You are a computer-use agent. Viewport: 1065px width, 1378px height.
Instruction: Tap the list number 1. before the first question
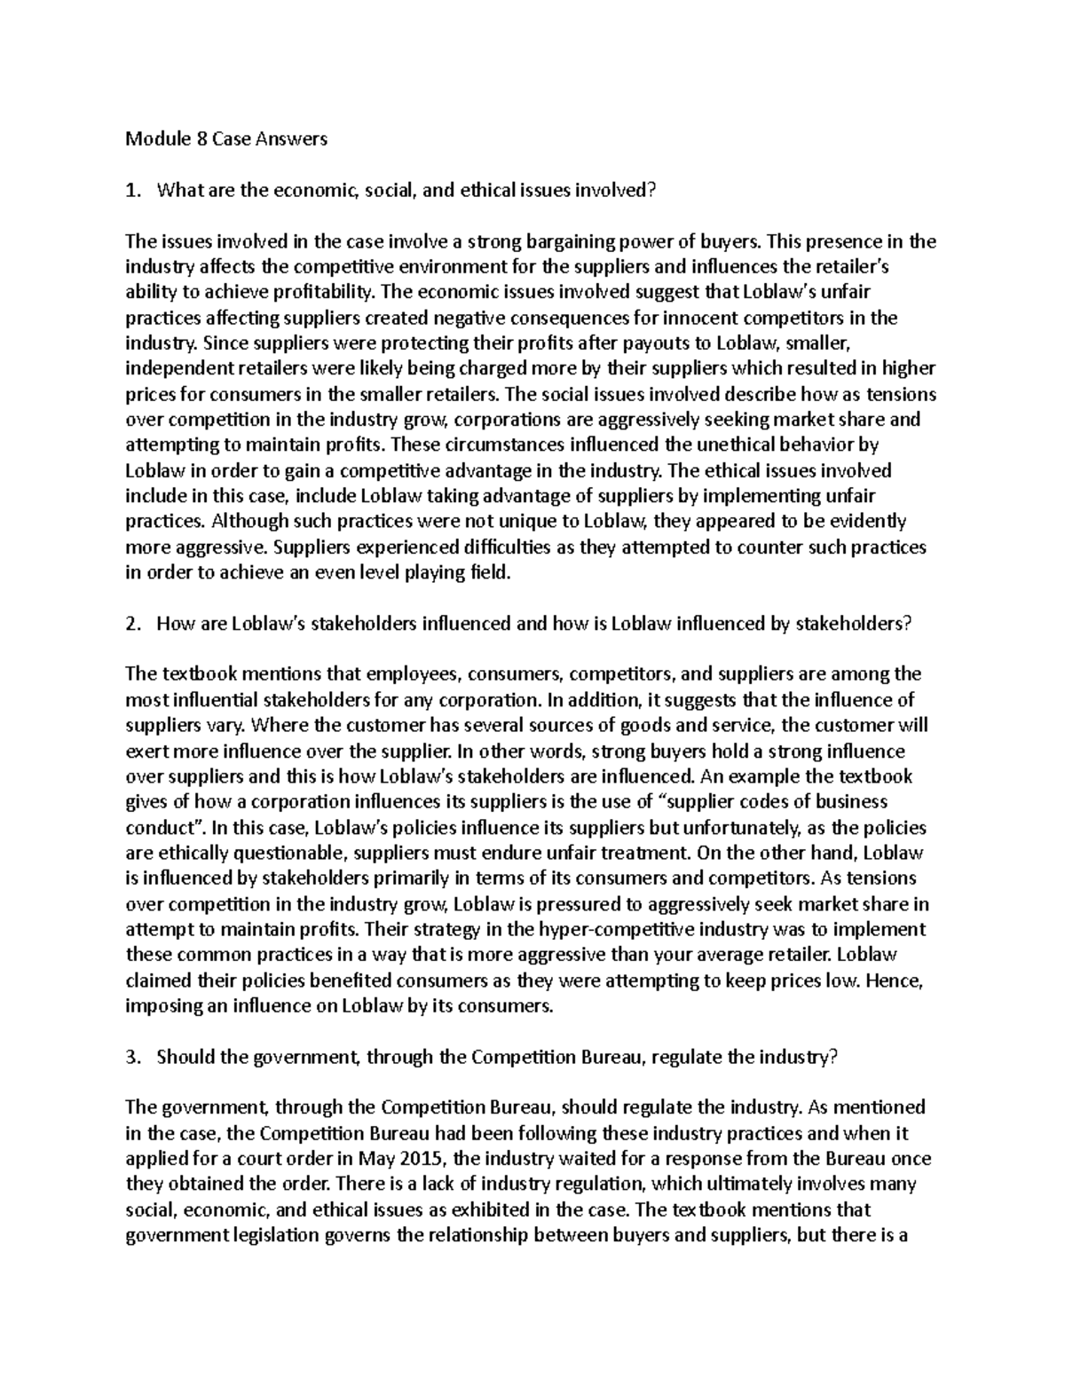point(132,190)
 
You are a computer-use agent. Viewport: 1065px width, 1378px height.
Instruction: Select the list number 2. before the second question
point(132,624)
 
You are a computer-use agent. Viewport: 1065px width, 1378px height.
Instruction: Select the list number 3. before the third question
point(132,1057)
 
